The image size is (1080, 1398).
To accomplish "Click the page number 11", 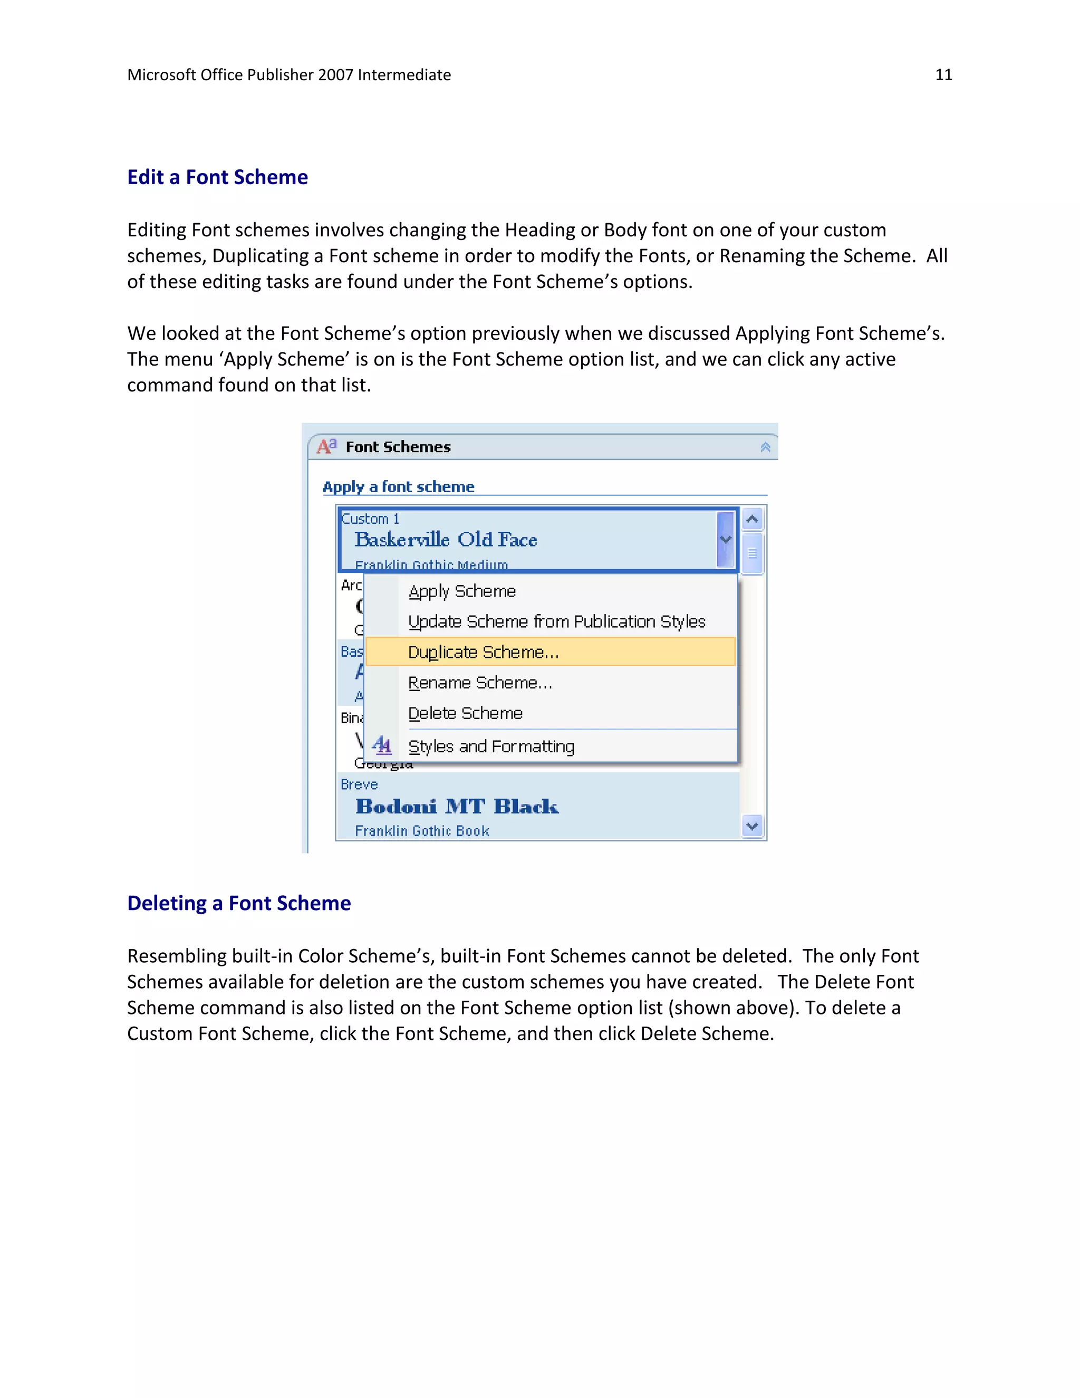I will pyautogui.click(x=943, y=75).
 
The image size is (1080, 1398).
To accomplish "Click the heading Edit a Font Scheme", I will pyautogui.click(x=218, y=177).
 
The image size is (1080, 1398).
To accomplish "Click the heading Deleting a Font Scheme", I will pyautogui.click(x=239, y=903).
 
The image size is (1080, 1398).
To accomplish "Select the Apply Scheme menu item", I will pyautogui.click(x=462, y=591).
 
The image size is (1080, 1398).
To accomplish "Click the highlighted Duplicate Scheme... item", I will pyautogui.click(x=483, y=652).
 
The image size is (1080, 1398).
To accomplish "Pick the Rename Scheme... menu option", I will pyautogui.click(x=480, y=683).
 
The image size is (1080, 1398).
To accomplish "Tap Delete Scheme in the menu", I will pyautogui.click(x=465, y=713).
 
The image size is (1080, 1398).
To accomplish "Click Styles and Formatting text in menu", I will pyautogui.click(x=491, y=746).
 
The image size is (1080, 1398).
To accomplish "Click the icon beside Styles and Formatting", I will pyautogui.click(x=381, y=745).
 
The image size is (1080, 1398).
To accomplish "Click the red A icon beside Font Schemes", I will pyautogui.click(x=326, y=446).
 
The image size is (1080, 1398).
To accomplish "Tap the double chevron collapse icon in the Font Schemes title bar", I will pyautogui.click(x=765, y=447).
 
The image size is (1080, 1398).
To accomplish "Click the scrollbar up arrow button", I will pyautogui.click(x=753, y=519).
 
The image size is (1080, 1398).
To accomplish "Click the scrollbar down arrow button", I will pyautogui.click(x=753, y=826).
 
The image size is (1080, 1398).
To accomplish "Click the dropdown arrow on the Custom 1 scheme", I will pyautogui.click(x=726, y=539).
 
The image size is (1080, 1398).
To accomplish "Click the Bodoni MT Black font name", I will pyautogui.click(x=457, y=807).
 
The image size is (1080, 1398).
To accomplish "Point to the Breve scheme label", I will pyautogui.click(x=359, y=784).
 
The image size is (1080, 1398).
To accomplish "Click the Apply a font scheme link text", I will pyautogui.click(x=398, y=486).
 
